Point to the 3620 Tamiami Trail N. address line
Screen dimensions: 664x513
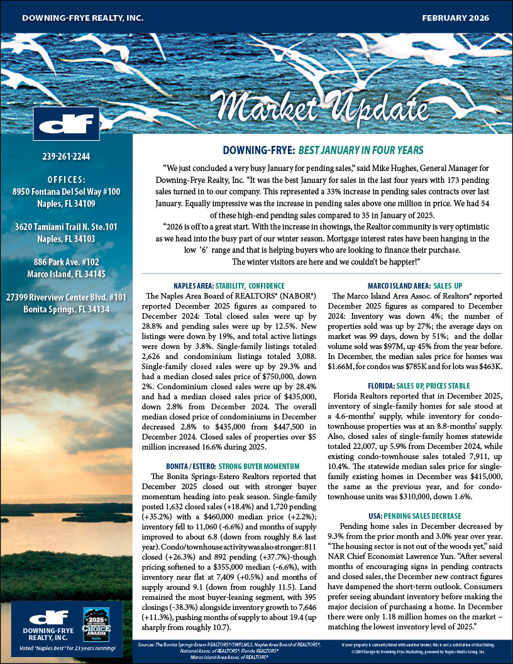point(66,211)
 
